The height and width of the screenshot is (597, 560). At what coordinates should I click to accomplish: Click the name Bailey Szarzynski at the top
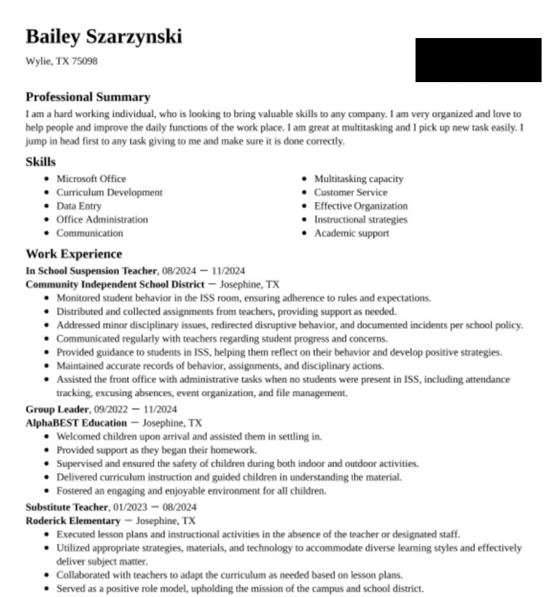click(103, 37)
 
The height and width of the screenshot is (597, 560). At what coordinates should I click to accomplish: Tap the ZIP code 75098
click(84, 61)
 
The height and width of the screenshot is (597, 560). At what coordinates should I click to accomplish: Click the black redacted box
click(478, 60)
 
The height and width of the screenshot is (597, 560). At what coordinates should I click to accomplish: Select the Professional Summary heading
click(88, 97)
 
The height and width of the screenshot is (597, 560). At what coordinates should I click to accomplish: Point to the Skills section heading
click(40, 162)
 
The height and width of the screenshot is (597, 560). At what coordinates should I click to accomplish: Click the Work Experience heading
click(74, 254)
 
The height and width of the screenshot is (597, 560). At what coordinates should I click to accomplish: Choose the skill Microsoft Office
click(91, 179)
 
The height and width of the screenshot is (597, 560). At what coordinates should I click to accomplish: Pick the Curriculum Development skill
click(109, 193)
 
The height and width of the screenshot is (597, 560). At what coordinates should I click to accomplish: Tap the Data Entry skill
click(78, 206)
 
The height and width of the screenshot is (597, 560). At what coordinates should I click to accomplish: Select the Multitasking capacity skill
click(358, 179)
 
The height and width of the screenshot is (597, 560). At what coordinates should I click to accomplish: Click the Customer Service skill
click(350, 193)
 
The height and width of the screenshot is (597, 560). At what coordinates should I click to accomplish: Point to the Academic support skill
click(351, 233)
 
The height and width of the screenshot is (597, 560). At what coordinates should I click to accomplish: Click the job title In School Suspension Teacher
click(91, 271)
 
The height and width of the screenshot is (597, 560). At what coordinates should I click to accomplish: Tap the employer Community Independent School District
click(115, 284)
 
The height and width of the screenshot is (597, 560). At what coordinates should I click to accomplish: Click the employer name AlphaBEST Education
click(76, 423)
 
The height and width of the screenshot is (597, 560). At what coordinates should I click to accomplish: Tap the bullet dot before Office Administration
click(47, 220)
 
